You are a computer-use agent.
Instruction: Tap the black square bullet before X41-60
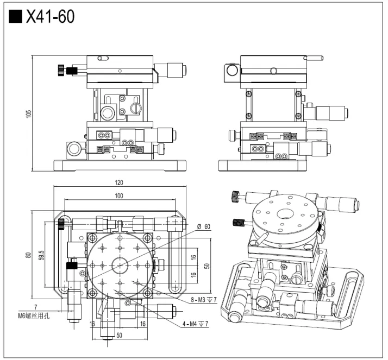coord(16,17)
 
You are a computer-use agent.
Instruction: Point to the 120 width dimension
coord(119,183)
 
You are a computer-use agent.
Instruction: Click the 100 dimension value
coord(119,195)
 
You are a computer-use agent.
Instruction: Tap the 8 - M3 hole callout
coord(205,299)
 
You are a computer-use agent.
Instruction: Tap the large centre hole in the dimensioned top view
coord(121,265)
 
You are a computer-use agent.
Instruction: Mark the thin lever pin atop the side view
coord(314,57)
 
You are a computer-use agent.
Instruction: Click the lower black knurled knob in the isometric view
coord(237,222)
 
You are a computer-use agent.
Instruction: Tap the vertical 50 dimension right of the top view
coord(207,266)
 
